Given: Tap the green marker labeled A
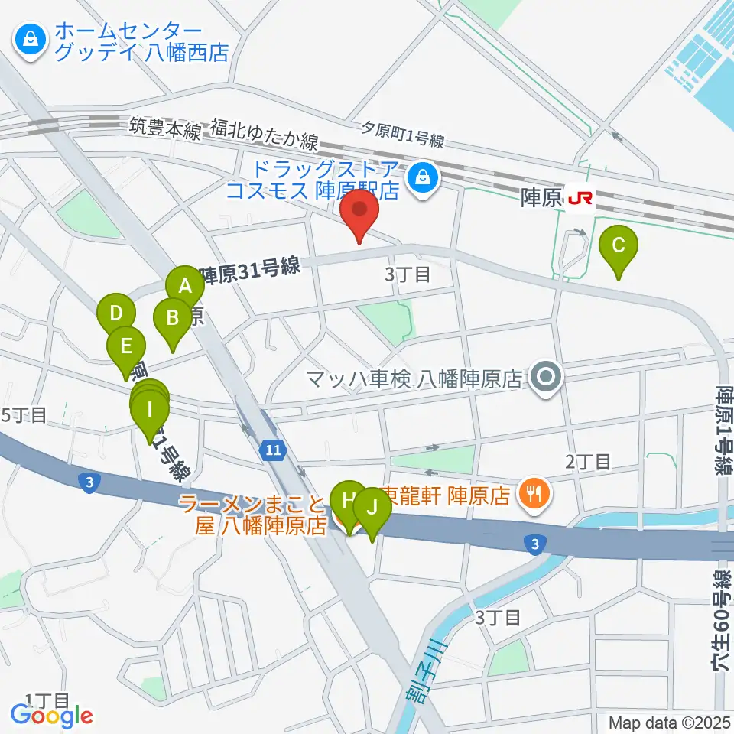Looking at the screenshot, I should point(184,287).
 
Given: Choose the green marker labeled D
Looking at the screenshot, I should point(116,314).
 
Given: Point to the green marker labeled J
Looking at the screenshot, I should point(372,508).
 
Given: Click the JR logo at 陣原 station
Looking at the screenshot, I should point(580,199).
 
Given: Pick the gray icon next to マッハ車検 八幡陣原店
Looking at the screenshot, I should point(545,376).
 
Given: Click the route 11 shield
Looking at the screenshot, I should point(273,450).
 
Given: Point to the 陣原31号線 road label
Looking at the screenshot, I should point(250,270).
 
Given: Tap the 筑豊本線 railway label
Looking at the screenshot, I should point(164,129).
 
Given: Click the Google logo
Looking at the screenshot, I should point(51,715).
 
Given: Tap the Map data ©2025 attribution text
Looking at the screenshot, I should point(669,722).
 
